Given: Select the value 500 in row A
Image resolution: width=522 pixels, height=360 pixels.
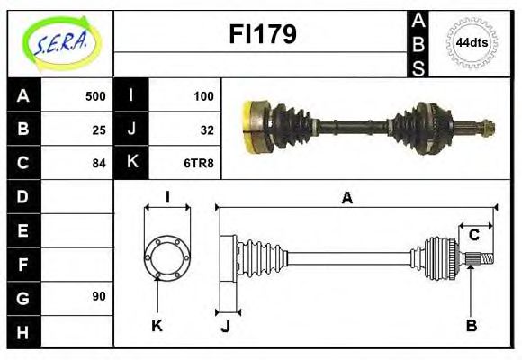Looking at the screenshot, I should pos(95,96).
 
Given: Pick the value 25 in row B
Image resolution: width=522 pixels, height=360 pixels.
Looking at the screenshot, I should pos(99,130).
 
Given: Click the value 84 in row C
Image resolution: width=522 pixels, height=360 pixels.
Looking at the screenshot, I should pos(99,164).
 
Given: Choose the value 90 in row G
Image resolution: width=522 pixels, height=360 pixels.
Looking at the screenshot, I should pos(99,296).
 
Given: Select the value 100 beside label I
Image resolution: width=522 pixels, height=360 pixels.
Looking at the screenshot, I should pos(202,96).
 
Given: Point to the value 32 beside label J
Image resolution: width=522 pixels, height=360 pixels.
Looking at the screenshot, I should pos(206,130).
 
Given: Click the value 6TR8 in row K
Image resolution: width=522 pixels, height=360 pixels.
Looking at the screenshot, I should pos(199,164).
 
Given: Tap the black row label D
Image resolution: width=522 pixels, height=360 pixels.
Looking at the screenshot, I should pos(22,196).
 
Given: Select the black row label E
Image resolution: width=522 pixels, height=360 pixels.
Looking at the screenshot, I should pos(22,230).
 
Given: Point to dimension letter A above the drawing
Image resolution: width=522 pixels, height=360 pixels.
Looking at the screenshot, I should pos(346,198).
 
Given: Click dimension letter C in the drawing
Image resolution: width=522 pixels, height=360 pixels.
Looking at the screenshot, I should pos(472,236).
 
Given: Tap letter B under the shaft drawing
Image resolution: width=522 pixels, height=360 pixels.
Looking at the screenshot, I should pos(471,325).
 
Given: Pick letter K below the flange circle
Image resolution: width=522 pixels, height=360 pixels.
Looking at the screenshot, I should pos(157,325).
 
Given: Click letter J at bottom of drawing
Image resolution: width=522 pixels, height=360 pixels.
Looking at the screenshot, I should pos(225,325).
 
